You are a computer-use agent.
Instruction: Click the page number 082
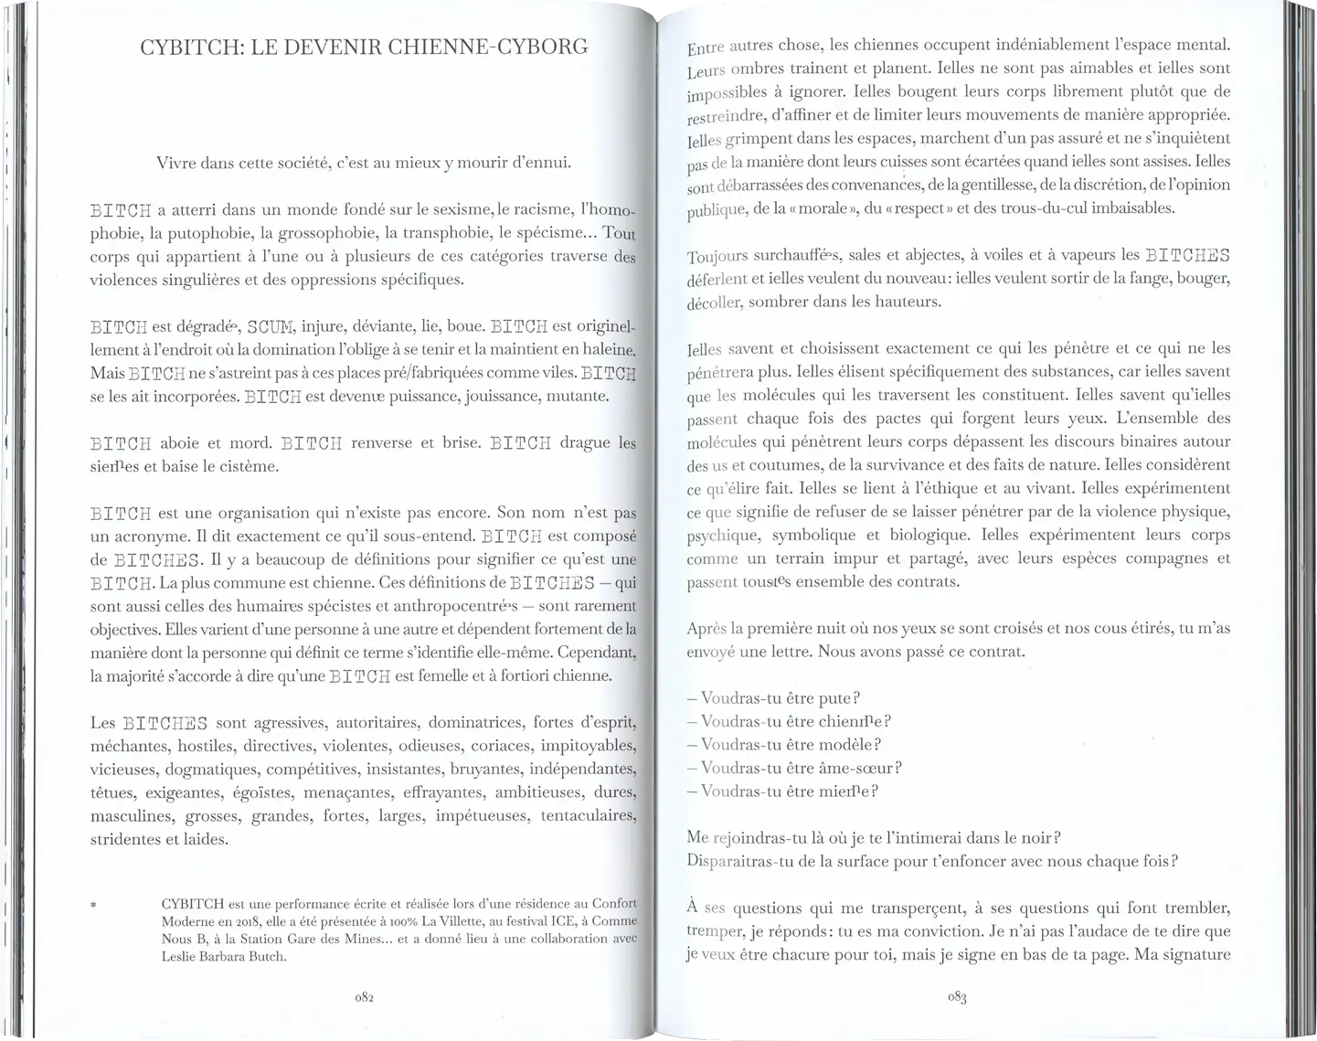tap(363, 998)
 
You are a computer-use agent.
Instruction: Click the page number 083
tap(957, 998)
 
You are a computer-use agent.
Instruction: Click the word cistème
tap(245, 466)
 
